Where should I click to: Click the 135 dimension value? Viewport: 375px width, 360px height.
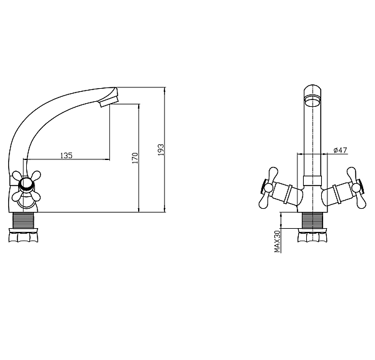pyautogui.click(x=66, y=156)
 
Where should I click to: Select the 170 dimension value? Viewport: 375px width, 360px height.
pyautogui.click(x=136, y=158)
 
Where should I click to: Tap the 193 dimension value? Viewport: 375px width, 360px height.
pyautogui.click(x=161, y=150)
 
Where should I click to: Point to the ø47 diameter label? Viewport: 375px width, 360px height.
pyautogui.click(x=340, y=150)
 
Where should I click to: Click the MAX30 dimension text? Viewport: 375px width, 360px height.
pyautogui.click(x=277, y=241)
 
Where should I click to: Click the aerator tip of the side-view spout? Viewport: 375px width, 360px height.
pyautogui.click(x=109, y=102)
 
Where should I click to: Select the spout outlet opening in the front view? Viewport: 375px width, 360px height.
pyautogui.click(x=312, y=100)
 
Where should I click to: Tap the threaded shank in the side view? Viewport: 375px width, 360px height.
pyautogui.click(x=24, y=221)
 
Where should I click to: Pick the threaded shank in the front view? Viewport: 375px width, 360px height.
pyautogui.click(x=312, y=221)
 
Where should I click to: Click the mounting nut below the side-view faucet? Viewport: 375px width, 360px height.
pyautogui.click(x=24, y=236)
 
